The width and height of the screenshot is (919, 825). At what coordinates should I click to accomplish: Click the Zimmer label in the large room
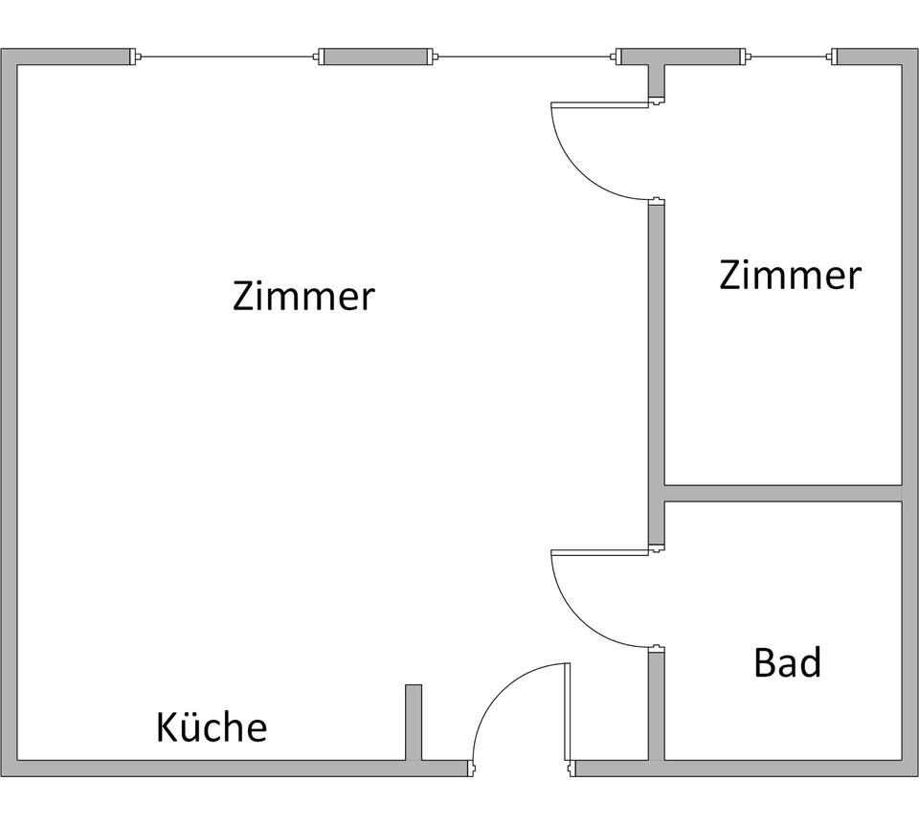pos(303,297)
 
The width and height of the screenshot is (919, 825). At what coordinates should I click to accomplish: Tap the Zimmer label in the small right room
pos(790,276)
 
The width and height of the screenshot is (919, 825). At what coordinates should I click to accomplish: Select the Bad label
pos(787,662)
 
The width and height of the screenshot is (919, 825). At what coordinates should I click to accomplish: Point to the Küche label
pos(212,727)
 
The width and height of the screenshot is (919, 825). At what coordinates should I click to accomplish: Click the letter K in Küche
pos(167,727)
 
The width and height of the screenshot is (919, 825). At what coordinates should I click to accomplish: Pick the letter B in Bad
pos(765,662)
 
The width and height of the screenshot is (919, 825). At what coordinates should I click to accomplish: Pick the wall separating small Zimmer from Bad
pos(783,493)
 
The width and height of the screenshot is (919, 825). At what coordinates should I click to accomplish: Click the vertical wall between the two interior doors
pos(656,373)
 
